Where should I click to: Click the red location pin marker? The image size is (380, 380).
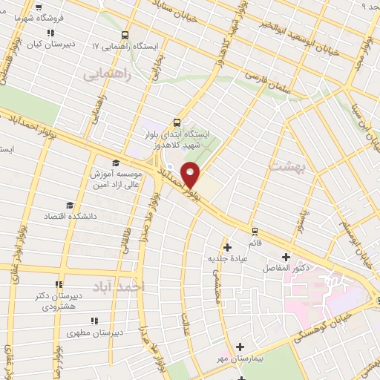pyautogui.click(x=191, y=174)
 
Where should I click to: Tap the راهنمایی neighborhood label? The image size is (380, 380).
pyautogui.click(x=107, y=74)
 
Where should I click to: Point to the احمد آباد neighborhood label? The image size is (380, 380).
pyautogui.click(x=119, y=286)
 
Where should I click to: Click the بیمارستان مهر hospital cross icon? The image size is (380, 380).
pyautogui.click(x=240, y=347)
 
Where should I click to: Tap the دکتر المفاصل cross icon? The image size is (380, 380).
pyautogui.click(x=286, y=257)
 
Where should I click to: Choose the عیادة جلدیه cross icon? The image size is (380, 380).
pyautogui.click(x=227, y=246)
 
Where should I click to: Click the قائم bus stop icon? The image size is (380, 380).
pyautogui.click(x=255, y=232)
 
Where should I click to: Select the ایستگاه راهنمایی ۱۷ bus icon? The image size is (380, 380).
pyautogui.click(x=125, y=34)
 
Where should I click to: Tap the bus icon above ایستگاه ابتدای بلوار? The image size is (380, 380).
pyautogui.click(x=177, y=122)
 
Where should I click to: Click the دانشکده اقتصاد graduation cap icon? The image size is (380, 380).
pyautogui.click(x=70, y=205)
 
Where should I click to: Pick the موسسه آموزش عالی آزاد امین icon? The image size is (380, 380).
pyautogui.click(x=115, y=163)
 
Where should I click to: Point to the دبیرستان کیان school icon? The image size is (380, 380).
pyautogui.click(x=50, y=33)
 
